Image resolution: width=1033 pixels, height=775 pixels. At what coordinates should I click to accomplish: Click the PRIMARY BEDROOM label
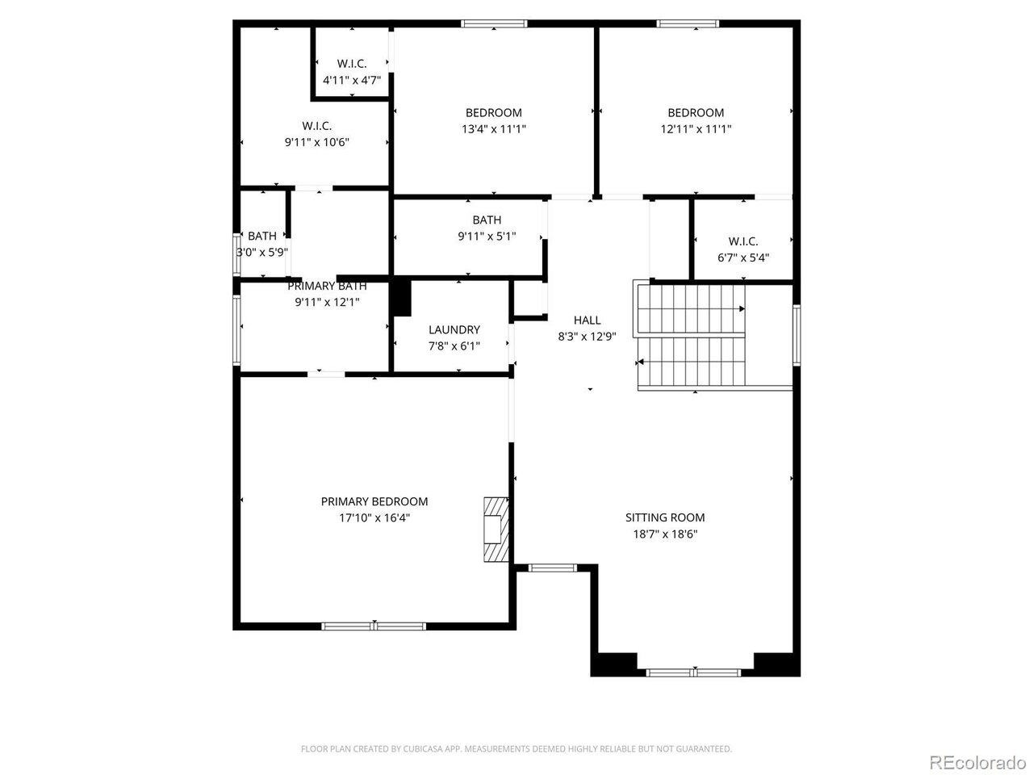(374, 501)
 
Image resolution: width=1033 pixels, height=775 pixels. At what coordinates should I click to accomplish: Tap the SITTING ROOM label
(665, 517)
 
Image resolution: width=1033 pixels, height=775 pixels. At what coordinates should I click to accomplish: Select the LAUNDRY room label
(454, 330)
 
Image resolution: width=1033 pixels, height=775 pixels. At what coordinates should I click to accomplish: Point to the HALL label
(587, 320)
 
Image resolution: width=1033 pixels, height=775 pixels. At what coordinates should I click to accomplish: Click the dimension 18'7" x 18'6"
(665, 534)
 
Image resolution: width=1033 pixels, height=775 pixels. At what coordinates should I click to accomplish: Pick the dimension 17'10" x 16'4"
(374, 518)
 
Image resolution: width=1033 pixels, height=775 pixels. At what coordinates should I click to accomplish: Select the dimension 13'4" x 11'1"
(494, 129)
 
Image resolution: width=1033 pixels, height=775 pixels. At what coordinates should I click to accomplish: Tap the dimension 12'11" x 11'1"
(696, 129)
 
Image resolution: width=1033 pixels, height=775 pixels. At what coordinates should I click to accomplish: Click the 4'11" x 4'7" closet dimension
(352, 81)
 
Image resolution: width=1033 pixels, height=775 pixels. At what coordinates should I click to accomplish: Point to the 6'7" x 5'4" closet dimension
(743, 258)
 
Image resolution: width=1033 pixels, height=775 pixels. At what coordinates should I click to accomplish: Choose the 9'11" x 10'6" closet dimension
(316, 142)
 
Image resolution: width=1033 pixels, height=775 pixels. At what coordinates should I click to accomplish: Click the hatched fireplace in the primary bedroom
(496, 530)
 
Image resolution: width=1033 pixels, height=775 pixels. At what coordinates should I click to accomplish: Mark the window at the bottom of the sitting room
(693, 673)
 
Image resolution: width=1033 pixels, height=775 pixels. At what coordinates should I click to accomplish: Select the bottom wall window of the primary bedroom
(374, 626)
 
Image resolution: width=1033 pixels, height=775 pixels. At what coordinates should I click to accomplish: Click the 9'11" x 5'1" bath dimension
(487, 237)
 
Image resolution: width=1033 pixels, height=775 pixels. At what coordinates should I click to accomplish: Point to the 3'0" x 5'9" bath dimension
(261, 253)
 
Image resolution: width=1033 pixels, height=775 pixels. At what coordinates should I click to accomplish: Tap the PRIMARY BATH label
(327, 286)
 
